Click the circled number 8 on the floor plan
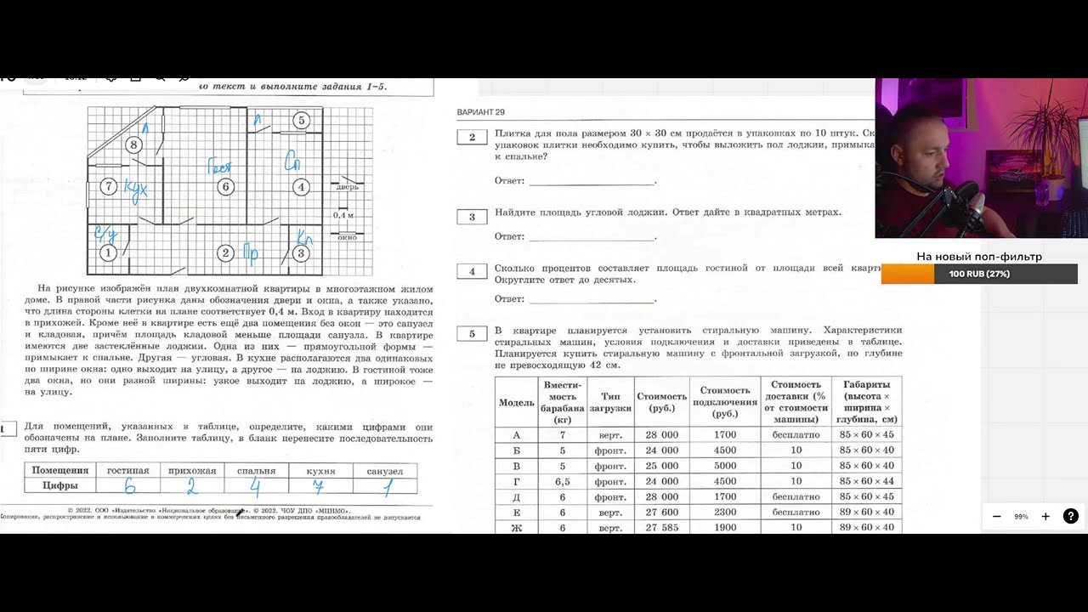[x=133, y=144]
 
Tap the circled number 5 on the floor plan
[x=301, y=121]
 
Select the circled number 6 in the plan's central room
[x=225, y=187]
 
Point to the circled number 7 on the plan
[x=108, y=187]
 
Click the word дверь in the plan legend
[x=348, y=187]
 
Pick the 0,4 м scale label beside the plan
[x=344, y=215]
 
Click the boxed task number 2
[x=472, y=137]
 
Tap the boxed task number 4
[x=472, y=272]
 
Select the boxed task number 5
[x=472, y=333]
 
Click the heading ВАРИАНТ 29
[x=481, y=112]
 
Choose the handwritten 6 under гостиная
[x=129, y=487]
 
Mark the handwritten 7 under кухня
[x=318, y=487]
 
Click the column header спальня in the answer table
[x=257, y=471]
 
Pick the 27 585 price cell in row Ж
[x=661, y=528]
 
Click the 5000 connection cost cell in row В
[x=723, y=466]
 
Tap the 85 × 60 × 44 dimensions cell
[x=866, y=481]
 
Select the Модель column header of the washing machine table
[x=516, y=402]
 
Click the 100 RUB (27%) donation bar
[x=979, y=274]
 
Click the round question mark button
[x=1070, y=516]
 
